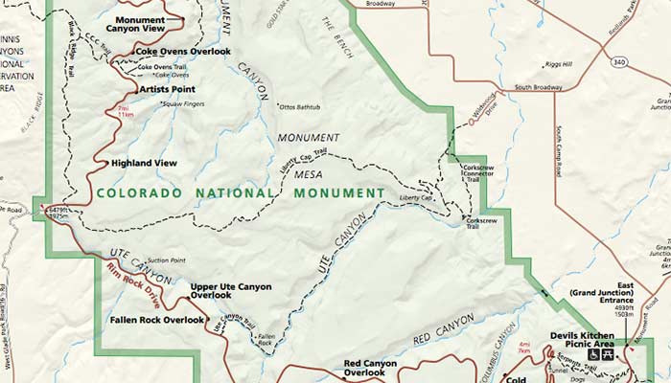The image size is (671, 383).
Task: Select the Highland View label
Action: [144, 163]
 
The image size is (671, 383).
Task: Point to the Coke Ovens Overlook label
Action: [183, 51]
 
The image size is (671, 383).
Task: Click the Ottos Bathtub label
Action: [299, 105]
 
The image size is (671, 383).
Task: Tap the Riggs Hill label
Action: [559, 64]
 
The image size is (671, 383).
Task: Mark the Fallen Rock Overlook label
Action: [157, 320]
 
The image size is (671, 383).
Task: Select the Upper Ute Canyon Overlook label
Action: [230, 290]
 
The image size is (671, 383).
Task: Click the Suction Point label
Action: [166, 259]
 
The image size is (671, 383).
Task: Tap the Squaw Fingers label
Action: [184, 103]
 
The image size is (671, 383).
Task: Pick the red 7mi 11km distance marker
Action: [123, 113]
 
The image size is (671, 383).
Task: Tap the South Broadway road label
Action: [536, 88]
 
